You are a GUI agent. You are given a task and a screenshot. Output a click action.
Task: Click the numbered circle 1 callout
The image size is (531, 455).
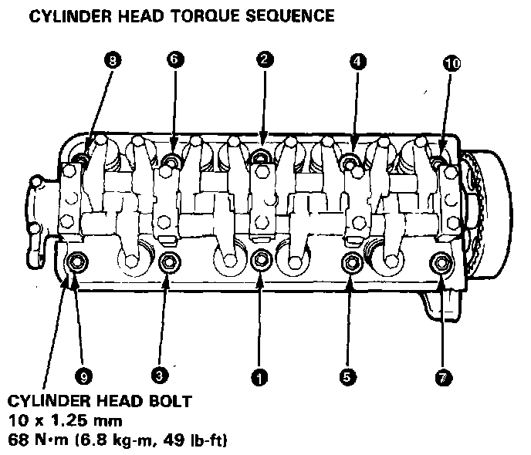[x=259, y=377]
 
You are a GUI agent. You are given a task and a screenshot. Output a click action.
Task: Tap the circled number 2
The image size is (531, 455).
[x=263, y=59]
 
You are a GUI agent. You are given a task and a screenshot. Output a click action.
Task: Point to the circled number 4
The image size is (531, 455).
[x=357, y=62]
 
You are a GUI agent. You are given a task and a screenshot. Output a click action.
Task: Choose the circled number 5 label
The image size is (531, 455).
[x=347, y=377]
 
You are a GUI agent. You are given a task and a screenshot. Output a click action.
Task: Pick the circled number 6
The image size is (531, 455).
[x=174, y=59]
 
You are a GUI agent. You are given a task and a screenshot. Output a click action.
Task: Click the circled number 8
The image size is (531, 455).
[x=113, y=62]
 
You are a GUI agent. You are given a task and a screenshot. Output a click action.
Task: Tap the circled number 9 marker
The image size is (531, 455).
[x=84, y=376]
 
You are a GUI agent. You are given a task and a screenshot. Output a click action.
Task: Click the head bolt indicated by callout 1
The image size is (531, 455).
[x=261, y=260]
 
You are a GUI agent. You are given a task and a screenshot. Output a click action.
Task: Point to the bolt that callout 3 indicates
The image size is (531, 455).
[x=167, y=264]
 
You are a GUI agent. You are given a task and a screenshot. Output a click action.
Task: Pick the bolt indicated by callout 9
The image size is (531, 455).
[x=77, y=262]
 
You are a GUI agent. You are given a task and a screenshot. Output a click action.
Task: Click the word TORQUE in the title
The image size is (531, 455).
[x=194, y=15]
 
